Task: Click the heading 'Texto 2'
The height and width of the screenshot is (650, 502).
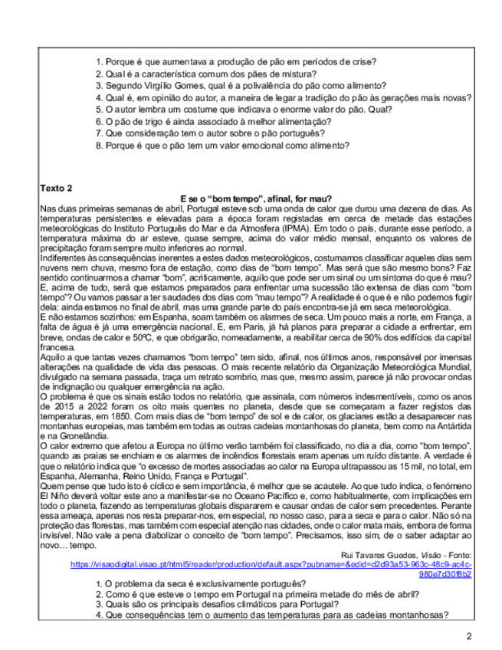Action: [57, 188]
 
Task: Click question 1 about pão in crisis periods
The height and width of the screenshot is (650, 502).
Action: [241, 61]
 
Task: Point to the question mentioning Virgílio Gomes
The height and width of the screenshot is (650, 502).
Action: [244, 85]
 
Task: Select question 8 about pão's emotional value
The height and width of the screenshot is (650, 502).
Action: [228, 145]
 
